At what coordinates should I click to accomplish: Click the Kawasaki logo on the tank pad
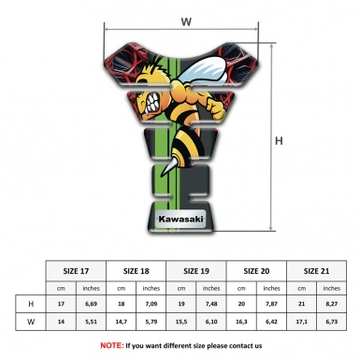(x=179, y=221)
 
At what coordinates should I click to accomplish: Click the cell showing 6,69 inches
(x=92, y=304)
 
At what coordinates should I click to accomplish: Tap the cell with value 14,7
(x=121, y=323)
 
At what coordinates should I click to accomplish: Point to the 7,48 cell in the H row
(x=212, y=304)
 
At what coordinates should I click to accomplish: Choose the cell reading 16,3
(x=241, y=323)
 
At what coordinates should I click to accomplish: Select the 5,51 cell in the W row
(x=92, y=323)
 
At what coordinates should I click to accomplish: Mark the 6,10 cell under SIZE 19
(x=212, y=323)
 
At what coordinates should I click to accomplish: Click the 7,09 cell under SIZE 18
(x=151, y=304)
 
